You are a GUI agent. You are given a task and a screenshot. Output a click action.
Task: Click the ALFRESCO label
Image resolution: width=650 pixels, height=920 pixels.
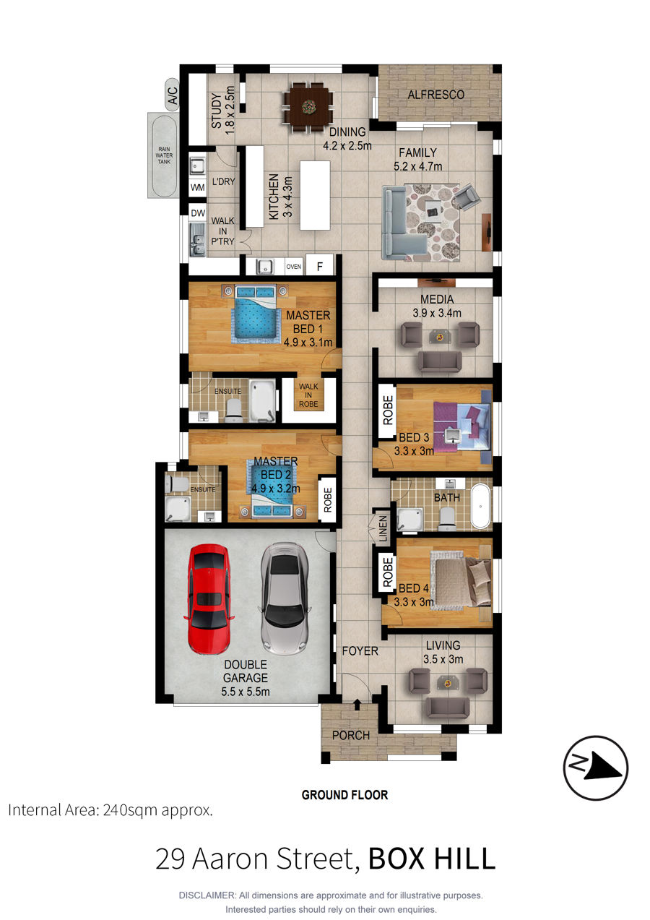(435, 95)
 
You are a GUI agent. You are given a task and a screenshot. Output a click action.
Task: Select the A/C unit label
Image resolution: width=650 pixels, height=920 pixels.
(173, 95)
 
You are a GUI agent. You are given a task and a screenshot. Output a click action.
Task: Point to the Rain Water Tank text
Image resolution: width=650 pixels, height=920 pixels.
(164, 155)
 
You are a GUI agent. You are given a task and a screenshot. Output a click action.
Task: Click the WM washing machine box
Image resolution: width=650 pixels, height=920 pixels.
(198, 188)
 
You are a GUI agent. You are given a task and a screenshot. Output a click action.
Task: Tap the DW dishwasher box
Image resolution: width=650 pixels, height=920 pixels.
(198, 212)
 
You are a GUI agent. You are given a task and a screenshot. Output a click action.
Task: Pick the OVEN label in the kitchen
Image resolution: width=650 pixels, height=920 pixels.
(293, 267)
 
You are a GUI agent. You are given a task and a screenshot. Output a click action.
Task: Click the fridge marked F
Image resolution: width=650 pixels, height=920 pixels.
(320, 267)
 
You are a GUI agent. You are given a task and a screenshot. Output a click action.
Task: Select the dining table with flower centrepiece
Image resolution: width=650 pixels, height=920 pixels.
(308, 106)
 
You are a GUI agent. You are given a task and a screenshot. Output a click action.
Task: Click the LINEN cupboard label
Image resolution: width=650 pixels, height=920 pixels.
(383, 528)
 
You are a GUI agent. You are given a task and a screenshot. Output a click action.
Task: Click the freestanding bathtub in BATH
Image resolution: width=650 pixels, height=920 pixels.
(480, 506)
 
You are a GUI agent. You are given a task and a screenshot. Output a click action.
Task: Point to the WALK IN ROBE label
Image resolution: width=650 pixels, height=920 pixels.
(308, 395)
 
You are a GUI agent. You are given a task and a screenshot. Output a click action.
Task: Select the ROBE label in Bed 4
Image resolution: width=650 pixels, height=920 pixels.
(388, 572)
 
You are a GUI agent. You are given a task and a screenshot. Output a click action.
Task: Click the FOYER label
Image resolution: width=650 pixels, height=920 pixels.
(360, 651)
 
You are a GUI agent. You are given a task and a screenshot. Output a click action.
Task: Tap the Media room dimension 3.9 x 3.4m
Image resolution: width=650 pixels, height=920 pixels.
(437, 313)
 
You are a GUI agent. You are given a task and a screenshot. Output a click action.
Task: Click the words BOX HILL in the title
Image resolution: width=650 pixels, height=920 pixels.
(432, 858)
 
